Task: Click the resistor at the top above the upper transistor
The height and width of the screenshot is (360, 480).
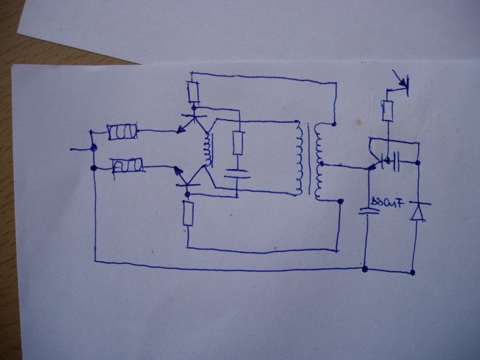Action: tap(193, 92)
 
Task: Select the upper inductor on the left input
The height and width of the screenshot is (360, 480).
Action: tap(123, 132)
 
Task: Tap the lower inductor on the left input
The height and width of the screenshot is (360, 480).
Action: tap(128, 164)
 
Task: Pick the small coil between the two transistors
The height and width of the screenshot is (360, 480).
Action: tap(209, 150)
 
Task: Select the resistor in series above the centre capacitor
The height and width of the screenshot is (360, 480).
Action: tap(238, 143)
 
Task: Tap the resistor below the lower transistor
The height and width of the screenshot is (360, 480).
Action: tap(188, 214)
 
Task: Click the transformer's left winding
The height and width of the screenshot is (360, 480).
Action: tap(298, 158)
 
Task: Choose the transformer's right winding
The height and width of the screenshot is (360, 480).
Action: tap(320, 162)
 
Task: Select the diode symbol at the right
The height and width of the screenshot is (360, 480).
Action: tap(417, 211)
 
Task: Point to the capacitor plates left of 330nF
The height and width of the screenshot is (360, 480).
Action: tap(365, 211)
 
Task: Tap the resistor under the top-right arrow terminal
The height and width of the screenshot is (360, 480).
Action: tap(388, 110)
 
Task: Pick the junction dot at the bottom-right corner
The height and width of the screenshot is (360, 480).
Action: tap(413, 273)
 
